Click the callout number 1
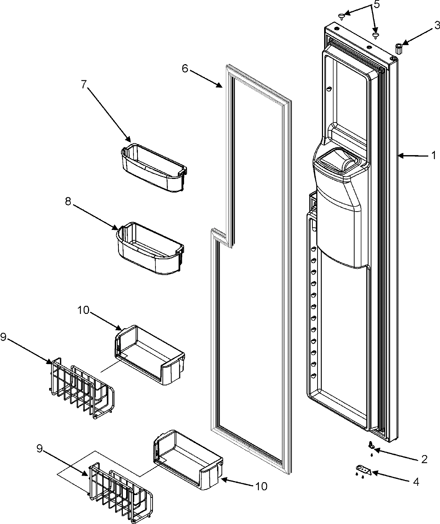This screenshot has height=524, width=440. [x=433, y=156]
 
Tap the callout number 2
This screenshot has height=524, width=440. [x=424, y=459]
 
